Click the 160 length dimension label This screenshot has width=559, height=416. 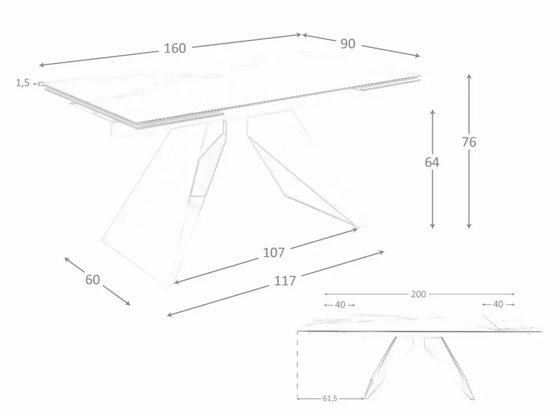[175, 49]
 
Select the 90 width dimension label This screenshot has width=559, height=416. [348, 44]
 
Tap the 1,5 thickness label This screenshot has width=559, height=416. [22, 83]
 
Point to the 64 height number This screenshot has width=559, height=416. [432, 162]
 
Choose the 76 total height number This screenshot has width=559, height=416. [469, 142]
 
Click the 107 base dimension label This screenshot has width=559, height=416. [274, 252]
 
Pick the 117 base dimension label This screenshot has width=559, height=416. [285, 281]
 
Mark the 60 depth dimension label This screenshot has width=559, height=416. [93, 279]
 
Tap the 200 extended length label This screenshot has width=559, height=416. [419, 294]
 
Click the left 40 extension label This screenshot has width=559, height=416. [340, 305]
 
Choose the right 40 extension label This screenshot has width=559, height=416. [498, 304]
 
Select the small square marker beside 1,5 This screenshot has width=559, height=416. [41, 84]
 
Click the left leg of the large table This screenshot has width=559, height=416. [162, 201]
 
